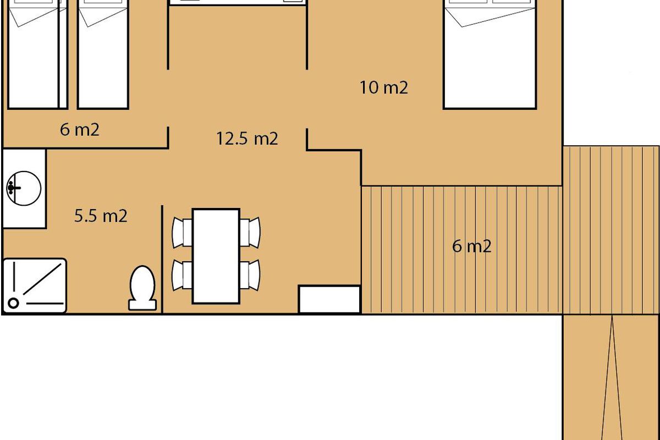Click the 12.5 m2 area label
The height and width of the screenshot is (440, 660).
tap(247, 139)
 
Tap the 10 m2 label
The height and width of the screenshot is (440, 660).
tap(384, 87)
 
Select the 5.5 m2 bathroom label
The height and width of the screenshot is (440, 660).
tap(101, 216)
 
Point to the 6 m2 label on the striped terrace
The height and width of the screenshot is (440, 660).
tap(472, 246)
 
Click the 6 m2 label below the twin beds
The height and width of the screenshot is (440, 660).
tap(80, 130)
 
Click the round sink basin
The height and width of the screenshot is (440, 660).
tap(24, 188)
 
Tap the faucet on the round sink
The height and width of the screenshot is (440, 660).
tap(13, 188)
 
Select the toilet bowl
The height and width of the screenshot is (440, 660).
tap(142, 283)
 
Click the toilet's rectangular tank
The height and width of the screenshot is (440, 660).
tap(142, 305)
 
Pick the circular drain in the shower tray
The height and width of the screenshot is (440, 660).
tap(13, 303)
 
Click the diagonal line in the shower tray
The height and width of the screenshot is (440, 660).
tap(42, 279)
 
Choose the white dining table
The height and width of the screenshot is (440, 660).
tap(216, 256)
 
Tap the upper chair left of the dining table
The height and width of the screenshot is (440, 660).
tap(183, 233)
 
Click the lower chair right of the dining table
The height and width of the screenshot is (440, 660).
tap(250, 275)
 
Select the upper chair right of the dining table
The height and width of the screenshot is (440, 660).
tap(250, 233)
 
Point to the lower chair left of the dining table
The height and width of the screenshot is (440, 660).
tap(183, 275)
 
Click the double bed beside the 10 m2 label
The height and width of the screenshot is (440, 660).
tap(490, 54)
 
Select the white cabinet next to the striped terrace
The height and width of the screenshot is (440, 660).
tap(329, 299)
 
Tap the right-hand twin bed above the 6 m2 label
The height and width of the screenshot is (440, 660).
tap(103, 54)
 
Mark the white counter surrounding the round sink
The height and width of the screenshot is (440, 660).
tap(24, 189)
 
